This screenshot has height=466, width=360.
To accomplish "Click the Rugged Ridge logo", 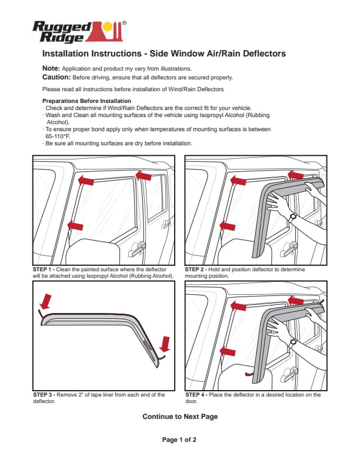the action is pos(78,32).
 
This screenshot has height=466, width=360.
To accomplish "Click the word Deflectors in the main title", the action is pos(264,54).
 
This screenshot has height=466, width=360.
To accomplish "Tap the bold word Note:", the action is pos(51,68).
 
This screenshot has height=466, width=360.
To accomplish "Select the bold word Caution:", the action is pos(56,77).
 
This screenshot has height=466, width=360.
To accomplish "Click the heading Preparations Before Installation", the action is pos(86,101).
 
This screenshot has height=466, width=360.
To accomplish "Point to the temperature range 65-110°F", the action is pos(58,137).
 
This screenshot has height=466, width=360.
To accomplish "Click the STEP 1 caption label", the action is pos(44,269).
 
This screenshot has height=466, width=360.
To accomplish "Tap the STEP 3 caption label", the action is pos(44,395).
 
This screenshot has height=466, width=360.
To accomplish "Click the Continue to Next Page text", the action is pos(180,417).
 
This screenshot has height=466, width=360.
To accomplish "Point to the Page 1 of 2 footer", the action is pos(179,440).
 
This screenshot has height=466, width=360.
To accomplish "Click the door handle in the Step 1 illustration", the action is pos(136,249).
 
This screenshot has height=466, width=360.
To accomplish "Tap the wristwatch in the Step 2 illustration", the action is pos(292,217).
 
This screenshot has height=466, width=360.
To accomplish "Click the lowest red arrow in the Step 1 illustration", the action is pos(75,226).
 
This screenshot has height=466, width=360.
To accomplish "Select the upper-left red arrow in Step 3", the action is pos(45,302).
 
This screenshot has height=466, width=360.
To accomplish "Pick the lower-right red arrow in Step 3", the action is pos(165,344).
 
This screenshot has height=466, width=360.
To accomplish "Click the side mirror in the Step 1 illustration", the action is pos(93,251).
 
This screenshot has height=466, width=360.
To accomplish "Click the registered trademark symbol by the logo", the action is pos(124,22).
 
